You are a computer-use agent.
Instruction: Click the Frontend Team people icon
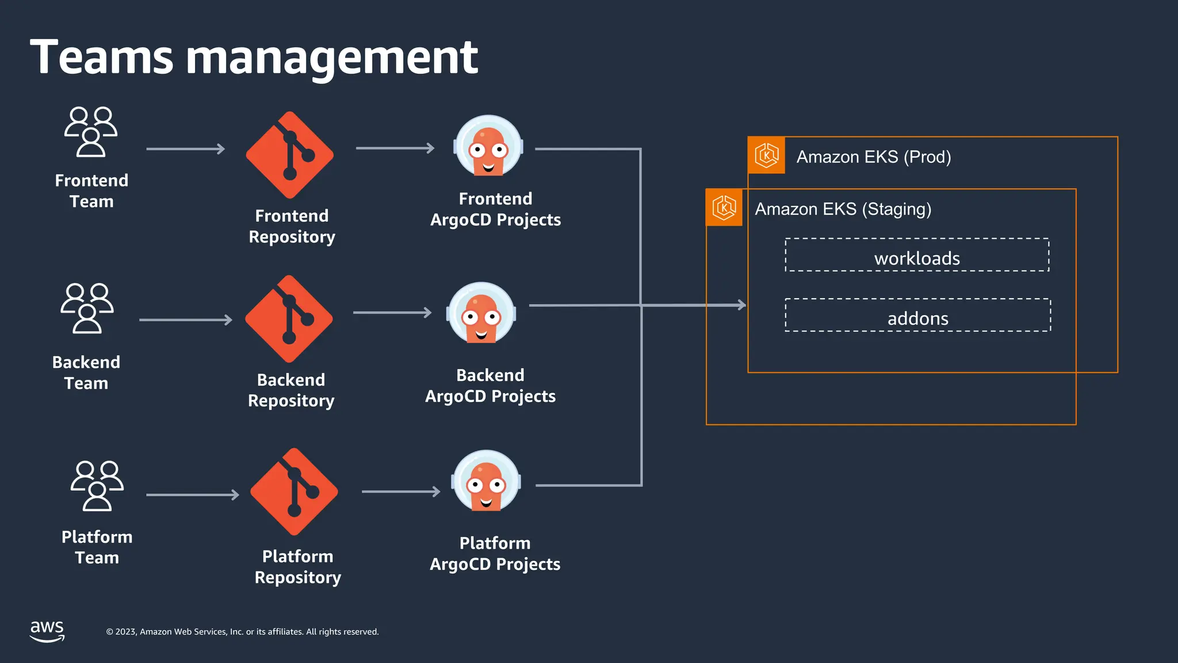click(x=91, y=132)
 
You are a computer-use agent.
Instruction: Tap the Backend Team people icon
click(x=87, y=308)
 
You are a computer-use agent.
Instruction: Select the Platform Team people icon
click(x=97, y=486)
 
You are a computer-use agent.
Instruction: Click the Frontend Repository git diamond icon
click(x=290, y=155)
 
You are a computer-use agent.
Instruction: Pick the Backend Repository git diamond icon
click(x=289, y=319)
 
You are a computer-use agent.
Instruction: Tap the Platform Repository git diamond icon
click(x=294, y=492)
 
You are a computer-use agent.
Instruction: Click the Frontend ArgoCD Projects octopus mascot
click(x=488, y=147)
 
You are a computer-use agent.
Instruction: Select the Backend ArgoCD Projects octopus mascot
click(x=481, y=314)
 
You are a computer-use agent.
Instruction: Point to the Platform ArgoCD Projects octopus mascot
click(x=487, y=482)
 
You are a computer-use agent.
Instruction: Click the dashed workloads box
click(x=917, y=255)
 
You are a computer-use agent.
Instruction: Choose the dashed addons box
click(x=917, y=315)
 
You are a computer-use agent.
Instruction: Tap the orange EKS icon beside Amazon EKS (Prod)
click(x=766, y=155)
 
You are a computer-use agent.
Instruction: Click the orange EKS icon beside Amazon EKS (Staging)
click(x=724, y=207)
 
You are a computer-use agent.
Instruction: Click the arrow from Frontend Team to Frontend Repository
click(x=185, y=149)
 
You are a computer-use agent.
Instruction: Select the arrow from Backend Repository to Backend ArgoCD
click(x=392, y=313)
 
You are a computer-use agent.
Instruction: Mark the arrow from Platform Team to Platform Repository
click(x=193, y=495)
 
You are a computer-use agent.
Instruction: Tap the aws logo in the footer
click(x=47, y=631)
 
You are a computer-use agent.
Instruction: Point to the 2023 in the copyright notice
click(x=126, y=632)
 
